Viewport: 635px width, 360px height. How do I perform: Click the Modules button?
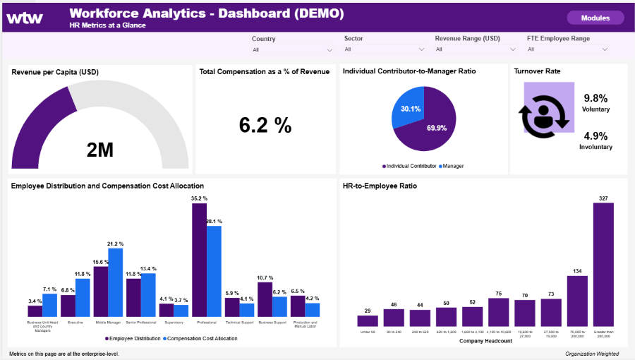(595, 18)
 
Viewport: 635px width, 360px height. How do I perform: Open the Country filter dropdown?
(292, 50)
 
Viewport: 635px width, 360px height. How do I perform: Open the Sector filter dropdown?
(384, 50)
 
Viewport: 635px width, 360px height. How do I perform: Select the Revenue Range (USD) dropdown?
(476, 50)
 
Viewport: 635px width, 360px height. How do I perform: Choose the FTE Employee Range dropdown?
(567, 50)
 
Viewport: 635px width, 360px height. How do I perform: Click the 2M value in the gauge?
(99, 150)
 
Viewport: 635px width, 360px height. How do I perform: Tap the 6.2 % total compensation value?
(265, 125)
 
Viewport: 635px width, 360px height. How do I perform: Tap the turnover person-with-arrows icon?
(543, 116)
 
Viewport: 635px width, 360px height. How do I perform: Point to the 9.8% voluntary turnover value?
(595, 98)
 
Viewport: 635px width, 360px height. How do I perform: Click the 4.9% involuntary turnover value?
(595, 136)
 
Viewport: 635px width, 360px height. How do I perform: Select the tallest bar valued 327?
(603, 265)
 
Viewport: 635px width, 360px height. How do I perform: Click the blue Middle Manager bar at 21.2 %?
(116, 282)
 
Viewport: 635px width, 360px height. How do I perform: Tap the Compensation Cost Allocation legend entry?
(200, 339)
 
